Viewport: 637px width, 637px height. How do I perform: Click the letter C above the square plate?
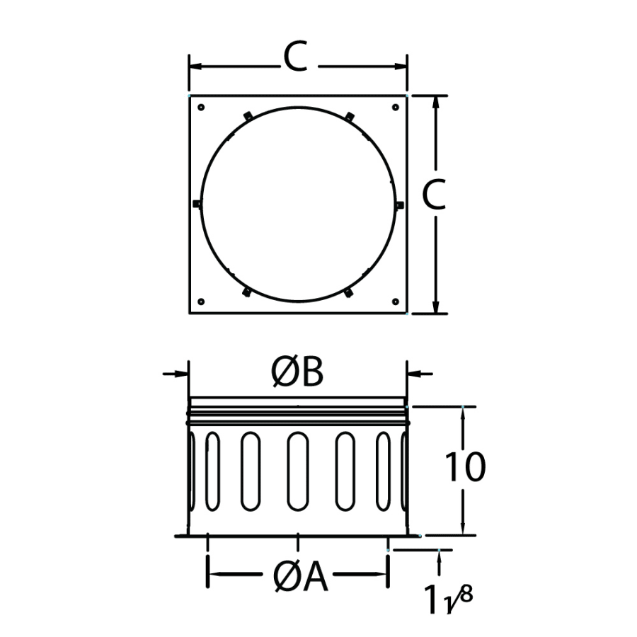point(295,57)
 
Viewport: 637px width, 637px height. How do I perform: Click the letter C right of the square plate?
point(434,195)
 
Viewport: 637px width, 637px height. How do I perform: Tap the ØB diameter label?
point(297,372)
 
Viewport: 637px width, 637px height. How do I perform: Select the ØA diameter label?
point(300,578)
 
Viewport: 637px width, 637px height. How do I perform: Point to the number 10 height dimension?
point(466,467)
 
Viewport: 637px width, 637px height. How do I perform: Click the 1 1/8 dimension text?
point(449,598)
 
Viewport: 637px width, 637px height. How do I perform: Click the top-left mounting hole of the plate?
point(201,108)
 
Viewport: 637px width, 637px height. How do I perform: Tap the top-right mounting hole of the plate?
point(395,108)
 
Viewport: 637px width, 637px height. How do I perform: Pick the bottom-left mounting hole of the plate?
point(201,302)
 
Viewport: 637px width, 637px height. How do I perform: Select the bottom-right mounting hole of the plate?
point(395,302)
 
